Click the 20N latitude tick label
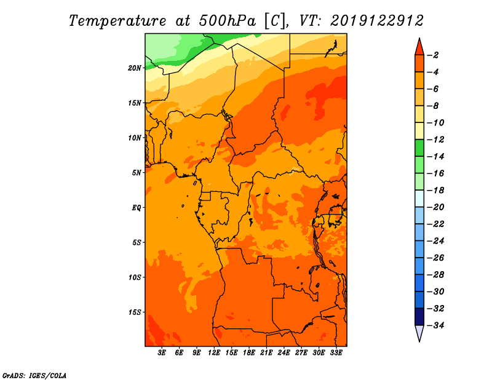pos(135,68)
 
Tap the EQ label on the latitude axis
pos(137,208)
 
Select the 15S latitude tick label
pos(135,312)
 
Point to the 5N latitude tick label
pos(137,173)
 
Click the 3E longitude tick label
pos(162,353)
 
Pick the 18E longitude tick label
pos(249,353)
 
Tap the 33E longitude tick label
pos(336,353)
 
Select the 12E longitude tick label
pos(214,353)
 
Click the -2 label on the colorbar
pos(434,55)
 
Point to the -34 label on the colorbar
pos(436,325)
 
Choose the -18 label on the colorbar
pos(436,190)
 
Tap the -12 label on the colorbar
pos(436,140)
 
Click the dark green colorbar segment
pos(419,148)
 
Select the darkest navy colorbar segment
pos(419,317)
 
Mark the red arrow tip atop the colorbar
pos(419,38)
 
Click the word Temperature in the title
pos(117,21)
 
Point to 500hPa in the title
pos(227,21)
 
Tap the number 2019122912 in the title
pos(377,21)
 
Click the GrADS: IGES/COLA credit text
pos(34,376)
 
